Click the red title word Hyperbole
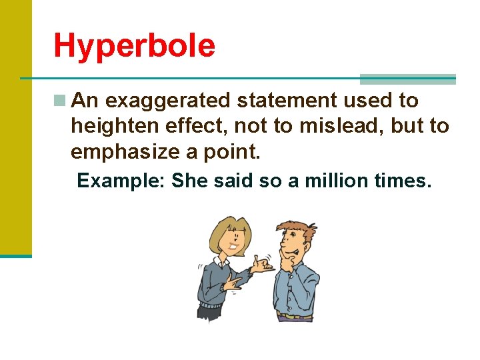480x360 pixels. click(134, 46)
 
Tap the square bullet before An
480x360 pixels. click(60, 101)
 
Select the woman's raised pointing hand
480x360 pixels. click(265, 265)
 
